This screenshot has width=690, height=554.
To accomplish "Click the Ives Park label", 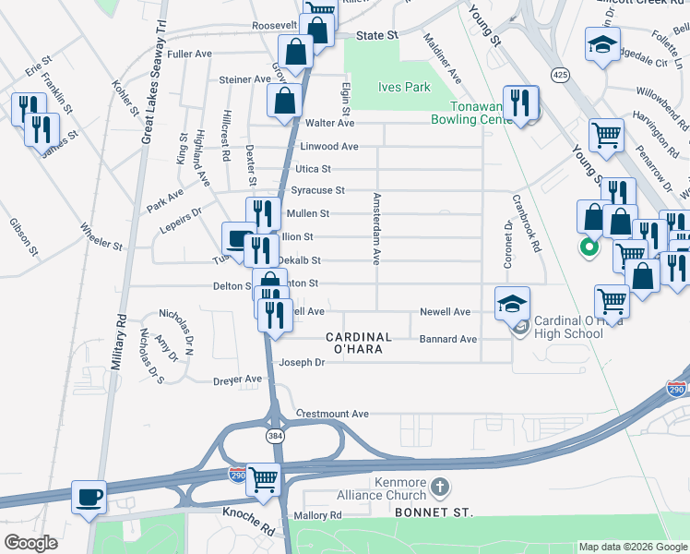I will tap(404, 88).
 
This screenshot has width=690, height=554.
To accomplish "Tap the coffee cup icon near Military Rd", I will tap(89, 497).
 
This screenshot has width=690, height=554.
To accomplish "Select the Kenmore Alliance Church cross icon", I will tap(441, 487).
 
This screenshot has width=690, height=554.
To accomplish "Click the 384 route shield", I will tap(275, 435).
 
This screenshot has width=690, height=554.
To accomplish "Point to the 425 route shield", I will tap(559, 73).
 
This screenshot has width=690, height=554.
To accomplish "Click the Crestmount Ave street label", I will tap(332, 414).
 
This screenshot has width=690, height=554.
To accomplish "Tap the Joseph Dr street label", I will tap(303, 363).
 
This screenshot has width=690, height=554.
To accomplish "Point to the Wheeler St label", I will tap(101, 235).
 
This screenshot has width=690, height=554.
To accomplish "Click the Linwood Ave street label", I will tap(328, 147).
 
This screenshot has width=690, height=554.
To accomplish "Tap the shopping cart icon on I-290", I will tap(264, 478).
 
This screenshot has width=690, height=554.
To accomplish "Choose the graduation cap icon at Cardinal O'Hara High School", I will tap(512, 302).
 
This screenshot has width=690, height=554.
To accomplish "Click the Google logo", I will tap(30, 543).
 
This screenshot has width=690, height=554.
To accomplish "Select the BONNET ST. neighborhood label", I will tap(433, 512).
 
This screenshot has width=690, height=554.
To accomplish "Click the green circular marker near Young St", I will tap(585, 247).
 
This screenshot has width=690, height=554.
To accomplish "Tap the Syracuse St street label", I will tap(317, 191).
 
